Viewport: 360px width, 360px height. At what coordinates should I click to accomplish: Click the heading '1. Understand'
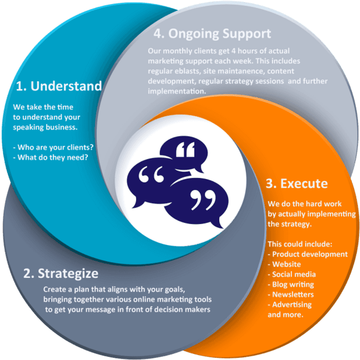[58, 86]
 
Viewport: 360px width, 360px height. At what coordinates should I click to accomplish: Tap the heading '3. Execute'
[296, 183]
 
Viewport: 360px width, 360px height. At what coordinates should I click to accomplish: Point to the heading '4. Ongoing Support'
[212, 34]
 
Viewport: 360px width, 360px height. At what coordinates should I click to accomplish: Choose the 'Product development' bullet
[308, 254]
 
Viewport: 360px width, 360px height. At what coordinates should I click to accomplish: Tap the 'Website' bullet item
[284, 264]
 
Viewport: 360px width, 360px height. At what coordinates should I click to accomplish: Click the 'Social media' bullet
[292, 274]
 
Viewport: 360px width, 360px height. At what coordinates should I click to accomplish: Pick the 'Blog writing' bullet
[291, 284]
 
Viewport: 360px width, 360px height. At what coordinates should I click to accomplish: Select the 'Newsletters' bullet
[291, 294]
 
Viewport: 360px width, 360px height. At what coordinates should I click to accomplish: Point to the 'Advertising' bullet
[290, 304]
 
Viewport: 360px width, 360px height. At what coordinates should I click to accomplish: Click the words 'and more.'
[285, 314]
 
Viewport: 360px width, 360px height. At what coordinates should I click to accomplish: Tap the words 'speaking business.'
[45, 127]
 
